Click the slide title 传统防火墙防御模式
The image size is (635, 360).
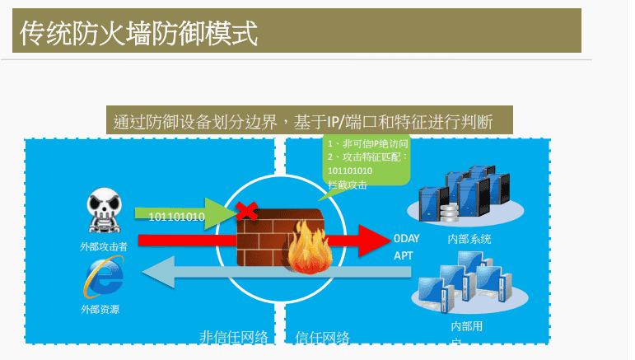[x=138, y=34]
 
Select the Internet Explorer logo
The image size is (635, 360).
[x=104, y=278]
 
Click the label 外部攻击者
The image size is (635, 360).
[x=104, y=246]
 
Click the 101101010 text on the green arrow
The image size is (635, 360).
[x=176, y=217]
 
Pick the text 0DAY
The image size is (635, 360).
[x=407, y=240]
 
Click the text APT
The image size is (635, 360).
[x=404, y=256]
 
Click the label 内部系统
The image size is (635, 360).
[x=469, y=239]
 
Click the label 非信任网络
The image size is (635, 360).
[x=234, y=336]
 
